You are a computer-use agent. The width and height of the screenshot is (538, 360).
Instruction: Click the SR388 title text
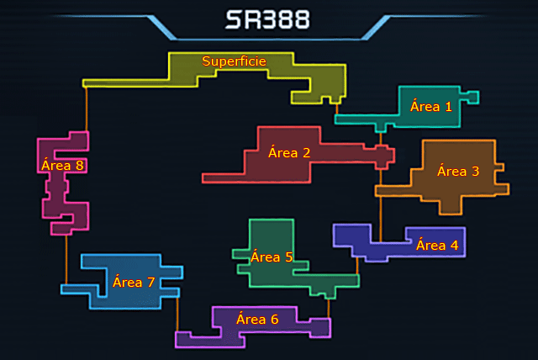coord(266,20)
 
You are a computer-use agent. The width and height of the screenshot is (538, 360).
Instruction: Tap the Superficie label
coord(235,61)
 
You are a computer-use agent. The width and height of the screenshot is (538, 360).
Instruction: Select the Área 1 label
coord(431,107)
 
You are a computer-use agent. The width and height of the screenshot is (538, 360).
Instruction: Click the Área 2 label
coord(289,152)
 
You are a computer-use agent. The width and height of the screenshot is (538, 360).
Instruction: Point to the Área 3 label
coord(458,172)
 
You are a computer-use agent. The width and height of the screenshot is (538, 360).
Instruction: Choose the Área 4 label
coord(437,246)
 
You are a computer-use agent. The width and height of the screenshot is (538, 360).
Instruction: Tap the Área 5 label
coord(272,257)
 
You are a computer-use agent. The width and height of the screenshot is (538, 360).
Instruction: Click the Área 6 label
coord(257,319)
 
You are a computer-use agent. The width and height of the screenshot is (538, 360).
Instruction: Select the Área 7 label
coord(134,282)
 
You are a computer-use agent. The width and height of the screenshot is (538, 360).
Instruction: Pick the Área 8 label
coord(62,165)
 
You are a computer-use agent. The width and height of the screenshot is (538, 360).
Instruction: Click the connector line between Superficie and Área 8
coord(87,109)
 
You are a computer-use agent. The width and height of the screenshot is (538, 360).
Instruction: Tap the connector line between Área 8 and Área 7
coord(66,259)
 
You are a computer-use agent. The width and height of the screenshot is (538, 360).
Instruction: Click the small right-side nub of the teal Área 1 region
coord(473,97)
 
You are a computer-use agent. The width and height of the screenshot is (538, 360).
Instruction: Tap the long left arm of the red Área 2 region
coord(223,177)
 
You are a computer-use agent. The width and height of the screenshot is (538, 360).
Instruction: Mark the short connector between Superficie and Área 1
coord(336,109)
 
